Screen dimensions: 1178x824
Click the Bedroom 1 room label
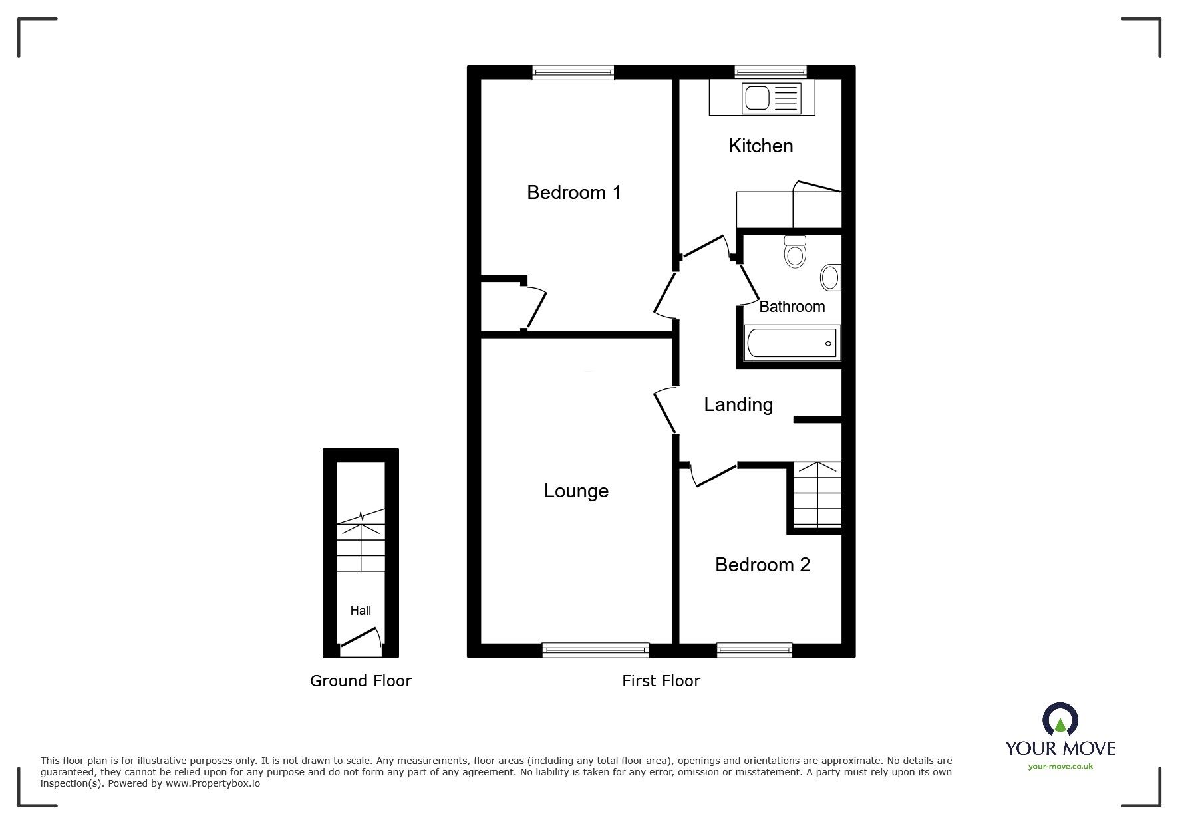click(574, 192)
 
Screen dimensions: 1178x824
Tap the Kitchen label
click(761, 146)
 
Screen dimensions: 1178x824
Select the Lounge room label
click(576, 491)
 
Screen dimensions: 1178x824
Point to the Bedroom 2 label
click(762, 565)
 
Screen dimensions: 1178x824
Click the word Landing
click(738, 404)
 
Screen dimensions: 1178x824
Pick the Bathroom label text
click(792, 307)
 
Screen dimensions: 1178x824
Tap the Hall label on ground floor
click(361, 610)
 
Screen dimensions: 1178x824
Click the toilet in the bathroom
click(795, 251)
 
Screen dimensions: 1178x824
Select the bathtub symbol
click(792, 343)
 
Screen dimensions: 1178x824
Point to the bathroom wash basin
click(831, 277)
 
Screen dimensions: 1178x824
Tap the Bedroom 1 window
click(573, 72)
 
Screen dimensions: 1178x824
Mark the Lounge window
click(595, 650)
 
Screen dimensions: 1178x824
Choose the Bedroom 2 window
click(754, 650)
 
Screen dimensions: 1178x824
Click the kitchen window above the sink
click(771, 72)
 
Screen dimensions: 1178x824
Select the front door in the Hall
click(360, 640)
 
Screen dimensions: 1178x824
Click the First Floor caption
click(661, 681)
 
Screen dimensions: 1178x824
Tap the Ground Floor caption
click(361, 681)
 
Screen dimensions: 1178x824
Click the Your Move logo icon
click(1060, 719)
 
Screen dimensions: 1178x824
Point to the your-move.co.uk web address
click(1060, 767)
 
